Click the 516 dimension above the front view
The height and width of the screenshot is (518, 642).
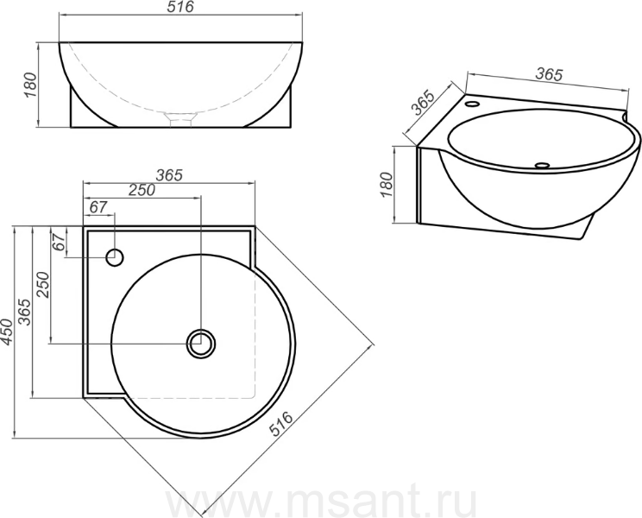[180, 7]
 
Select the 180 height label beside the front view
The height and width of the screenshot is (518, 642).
[32, 85]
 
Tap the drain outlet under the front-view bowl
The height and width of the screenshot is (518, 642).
[180, 119]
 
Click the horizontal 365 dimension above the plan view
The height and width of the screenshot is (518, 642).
[169, 175]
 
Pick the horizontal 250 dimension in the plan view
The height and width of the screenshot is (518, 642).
[142, 190]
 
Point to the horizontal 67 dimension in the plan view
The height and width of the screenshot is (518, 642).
[98, 207]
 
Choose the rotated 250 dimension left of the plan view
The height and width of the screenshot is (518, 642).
[42, 285]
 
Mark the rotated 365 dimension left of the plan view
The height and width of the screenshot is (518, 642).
[25, 312]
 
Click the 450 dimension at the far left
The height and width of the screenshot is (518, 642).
[8, 332]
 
